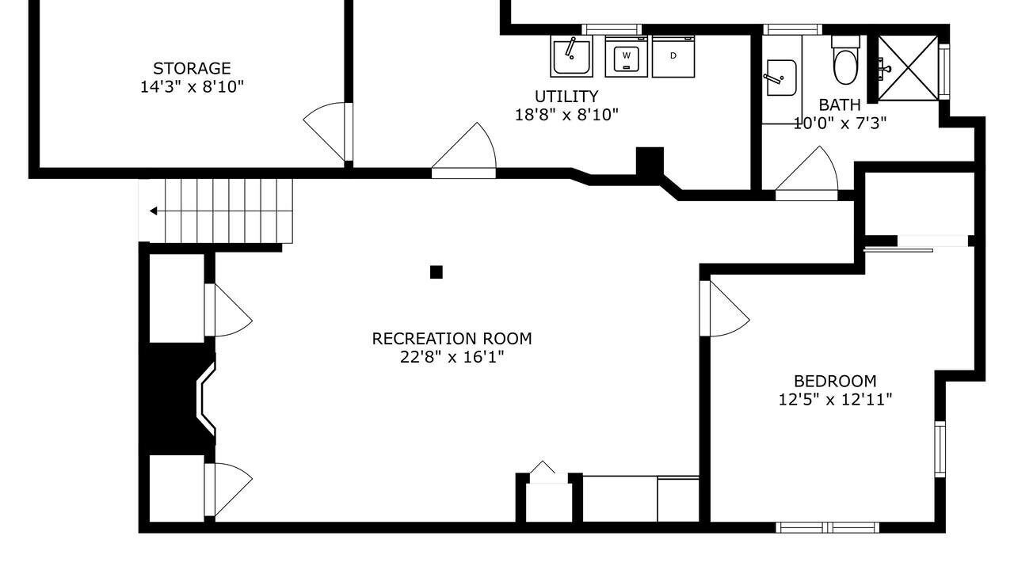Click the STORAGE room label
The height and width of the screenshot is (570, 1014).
(x=192, y=69)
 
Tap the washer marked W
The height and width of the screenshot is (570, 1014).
(x=627, y=56)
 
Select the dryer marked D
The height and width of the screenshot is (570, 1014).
(x=673, y=56)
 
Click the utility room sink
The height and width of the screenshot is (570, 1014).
(x=572, y=56)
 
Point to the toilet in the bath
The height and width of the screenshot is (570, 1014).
(x=845, y=61)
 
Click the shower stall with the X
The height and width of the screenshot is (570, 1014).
(x=908, y=68)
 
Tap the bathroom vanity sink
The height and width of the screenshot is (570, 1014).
(x=781, y=78)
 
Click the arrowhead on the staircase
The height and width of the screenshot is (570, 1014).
(x=154, y=211)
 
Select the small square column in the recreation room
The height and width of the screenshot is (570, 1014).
(x=436, y=272)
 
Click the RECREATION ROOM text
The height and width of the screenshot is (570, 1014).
(x=452, y=339)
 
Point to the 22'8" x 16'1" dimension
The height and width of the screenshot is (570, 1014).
(x=452, y=357)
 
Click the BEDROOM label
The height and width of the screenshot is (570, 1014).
(x=835, y=382)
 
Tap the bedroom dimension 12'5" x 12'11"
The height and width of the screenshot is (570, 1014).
(x=835, y=400)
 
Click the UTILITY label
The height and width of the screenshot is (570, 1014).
(x=566, y=97)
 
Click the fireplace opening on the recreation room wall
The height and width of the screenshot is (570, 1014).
(x=204, y=398)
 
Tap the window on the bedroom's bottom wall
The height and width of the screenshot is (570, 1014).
(x=828, y=527)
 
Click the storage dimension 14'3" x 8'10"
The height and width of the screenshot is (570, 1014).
(x=192, y=87)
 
